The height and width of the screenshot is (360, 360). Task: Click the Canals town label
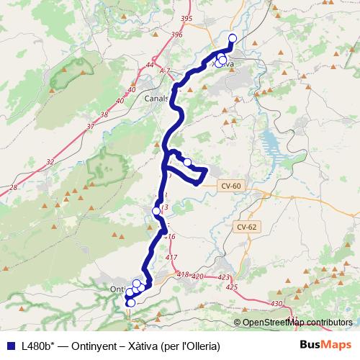click(x=156, y=99)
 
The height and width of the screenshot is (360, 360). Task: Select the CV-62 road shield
click(x=246, y=227)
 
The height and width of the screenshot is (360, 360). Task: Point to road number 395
click(x=187, y=18)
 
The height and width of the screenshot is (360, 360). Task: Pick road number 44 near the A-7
click(x=150, y=66)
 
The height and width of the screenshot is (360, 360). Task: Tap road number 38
click(x=104, y=114)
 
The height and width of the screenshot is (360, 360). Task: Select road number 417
click(x=171, y=257)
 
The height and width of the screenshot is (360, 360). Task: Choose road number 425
click(x=231, y=287)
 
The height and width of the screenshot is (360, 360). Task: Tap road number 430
click(x=277, y=305)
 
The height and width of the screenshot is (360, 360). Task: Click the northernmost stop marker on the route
click(x=232, y=38)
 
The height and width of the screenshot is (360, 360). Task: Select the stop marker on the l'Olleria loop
click(x=187, y=162)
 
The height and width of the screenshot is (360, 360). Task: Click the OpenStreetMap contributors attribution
click(x=297, y=323)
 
